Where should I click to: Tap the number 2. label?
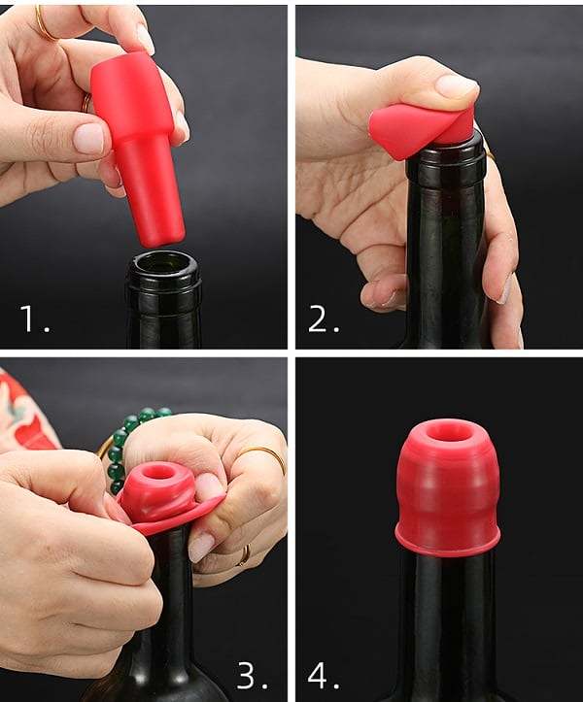coord(324,319)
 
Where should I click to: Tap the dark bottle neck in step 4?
coord(447,621)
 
